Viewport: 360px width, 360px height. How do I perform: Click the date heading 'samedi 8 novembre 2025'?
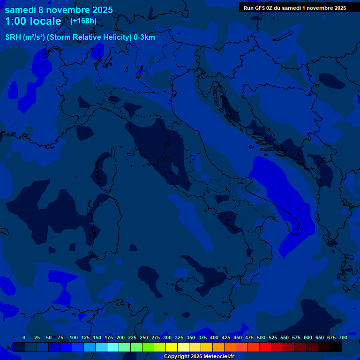pos(59,10)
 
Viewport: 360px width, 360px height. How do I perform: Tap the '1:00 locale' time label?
pos(33,21)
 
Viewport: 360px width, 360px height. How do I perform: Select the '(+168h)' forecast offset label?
pos(83,21)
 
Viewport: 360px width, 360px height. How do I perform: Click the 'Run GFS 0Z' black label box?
pos(295,7)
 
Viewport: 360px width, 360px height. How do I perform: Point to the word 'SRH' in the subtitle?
pos(13,37)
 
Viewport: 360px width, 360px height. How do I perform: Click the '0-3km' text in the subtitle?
pos(144,37)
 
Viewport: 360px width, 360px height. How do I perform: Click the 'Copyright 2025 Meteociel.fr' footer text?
pos(199,356)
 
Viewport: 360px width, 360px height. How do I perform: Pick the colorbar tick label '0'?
pos(24,337)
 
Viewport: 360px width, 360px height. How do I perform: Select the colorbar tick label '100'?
pos(74,337)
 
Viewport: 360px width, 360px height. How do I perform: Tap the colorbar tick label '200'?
pos(120,337)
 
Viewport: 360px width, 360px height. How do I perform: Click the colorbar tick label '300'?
pos(167,337)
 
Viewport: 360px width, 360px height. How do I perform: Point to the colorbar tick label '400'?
pos(214,337)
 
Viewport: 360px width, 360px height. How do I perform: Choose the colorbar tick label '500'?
pos(261,337)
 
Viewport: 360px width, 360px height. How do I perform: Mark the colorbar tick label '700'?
pos(343,337)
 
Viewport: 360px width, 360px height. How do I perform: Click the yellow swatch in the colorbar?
pos(172,347)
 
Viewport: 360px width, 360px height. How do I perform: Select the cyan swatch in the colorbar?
pos(113,347)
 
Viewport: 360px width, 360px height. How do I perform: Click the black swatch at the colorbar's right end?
pos(336,347)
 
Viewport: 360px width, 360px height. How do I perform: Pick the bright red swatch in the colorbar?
pos(265,347)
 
